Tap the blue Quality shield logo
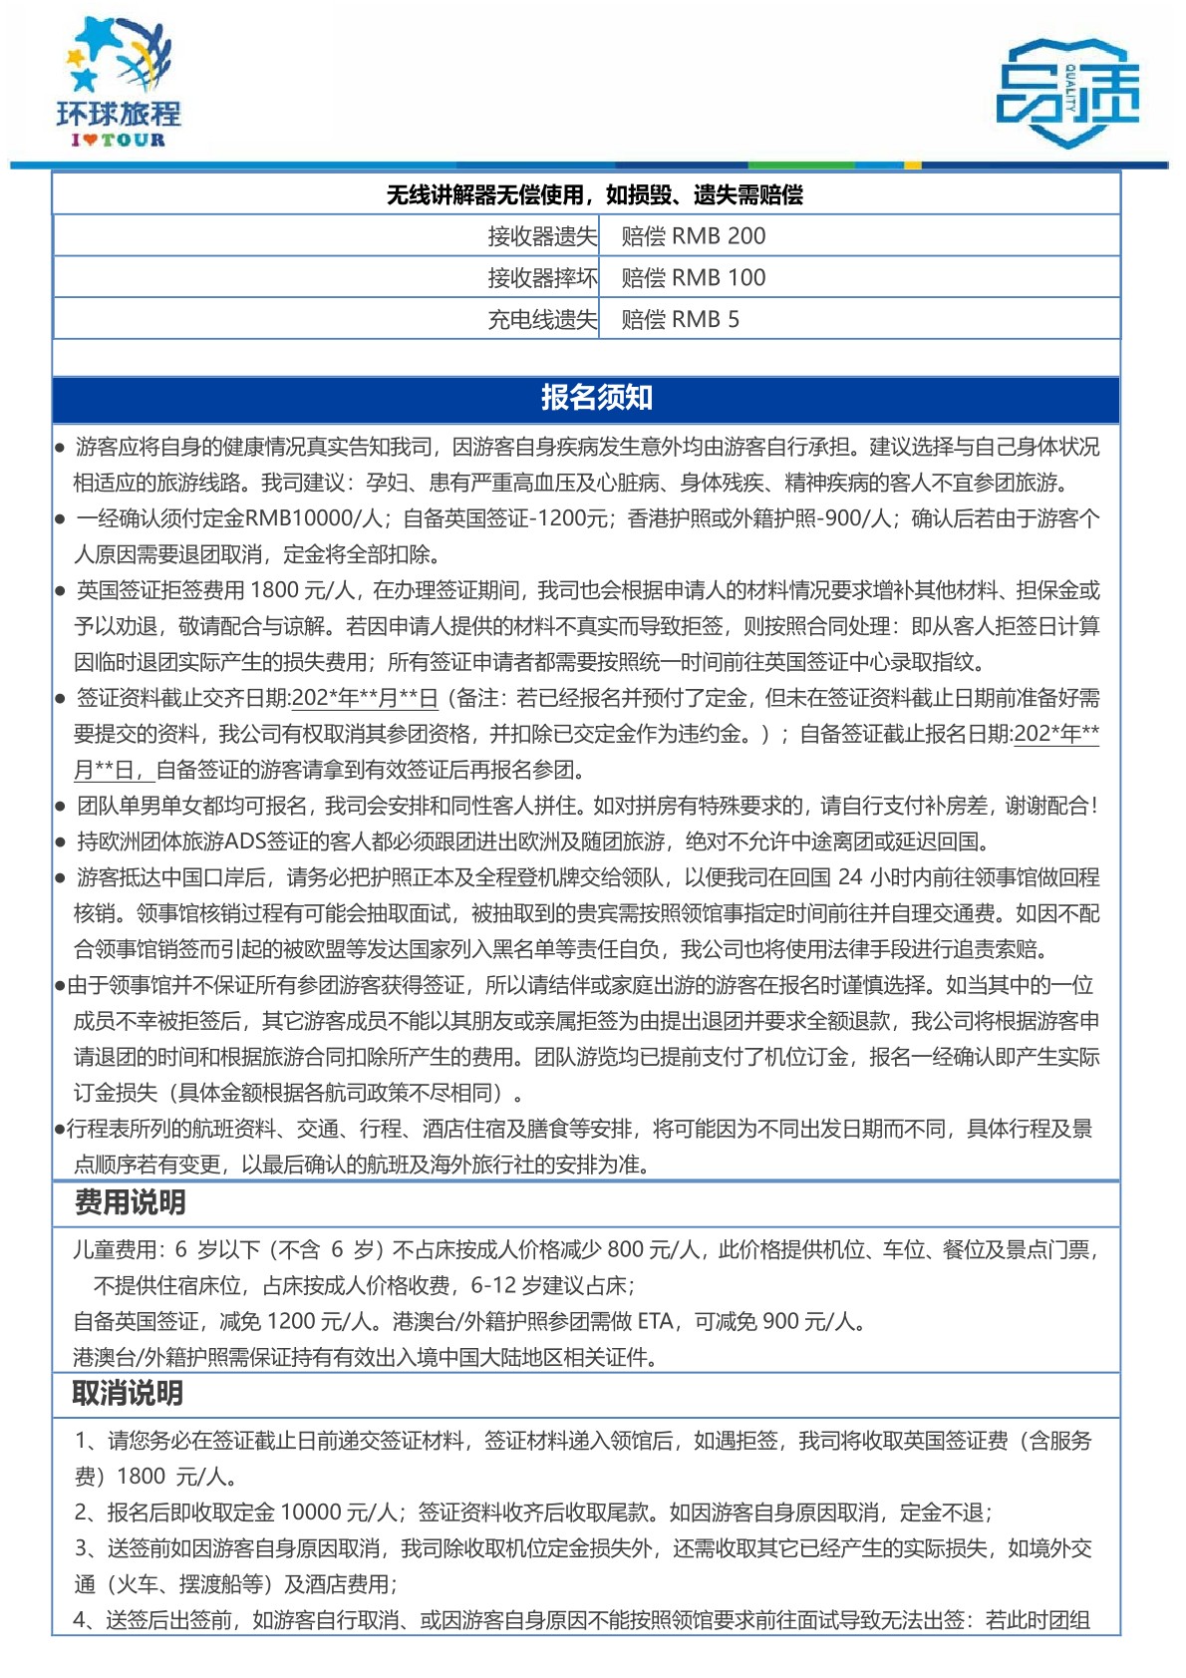(x=1067, y=93)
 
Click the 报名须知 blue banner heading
(x=596, y=398)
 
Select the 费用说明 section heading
(x=131, y=1202)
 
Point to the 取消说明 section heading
(x=128, y=1393)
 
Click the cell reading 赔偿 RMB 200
(x=694, y=236)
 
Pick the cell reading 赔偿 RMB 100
(x=694, y=278)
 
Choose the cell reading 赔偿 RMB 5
(x=680, y=320)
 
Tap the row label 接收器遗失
(x=542, y=236)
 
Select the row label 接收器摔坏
(x=542, y=278)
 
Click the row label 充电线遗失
(x=542, y=320)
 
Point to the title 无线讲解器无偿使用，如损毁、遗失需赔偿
(x=594, y=194)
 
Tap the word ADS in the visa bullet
(x=246, y=841)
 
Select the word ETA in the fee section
(x=655, y=1321)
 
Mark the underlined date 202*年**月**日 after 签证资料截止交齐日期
(x=365, y=698)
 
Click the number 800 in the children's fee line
(x=625, y=1249)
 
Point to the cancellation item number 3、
(x=87, y=1548)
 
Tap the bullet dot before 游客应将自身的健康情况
(x=61, y=448)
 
